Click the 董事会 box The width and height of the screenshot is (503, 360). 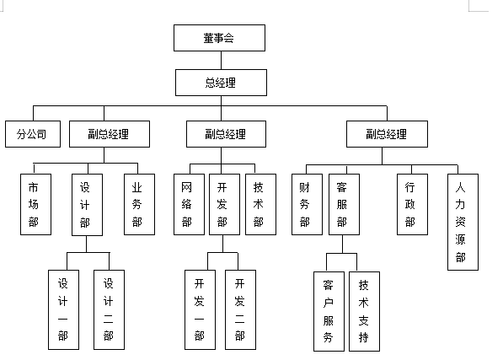[219, 38]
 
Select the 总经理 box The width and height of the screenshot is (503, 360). [222, 82]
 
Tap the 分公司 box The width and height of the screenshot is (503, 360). [32, 133]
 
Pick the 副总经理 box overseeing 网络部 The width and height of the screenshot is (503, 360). [225, 133]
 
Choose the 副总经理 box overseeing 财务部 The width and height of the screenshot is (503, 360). [387, 133]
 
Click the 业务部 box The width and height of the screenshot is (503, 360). [138, 204]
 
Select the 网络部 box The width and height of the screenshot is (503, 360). [188, 204]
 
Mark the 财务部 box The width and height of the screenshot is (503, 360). [304, 204]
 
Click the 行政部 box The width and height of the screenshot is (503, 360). [410, 204]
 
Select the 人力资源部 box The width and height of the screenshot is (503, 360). [462, 222]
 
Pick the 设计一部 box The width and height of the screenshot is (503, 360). [63, 309]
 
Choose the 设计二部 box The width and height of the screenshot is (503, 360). [108, 309]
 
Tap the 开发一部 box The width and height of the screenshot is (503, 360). [200, 309]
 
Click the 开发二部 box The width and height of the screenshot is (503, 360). [240, 309]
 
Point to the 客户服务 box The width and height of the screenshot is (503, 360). [328, 310]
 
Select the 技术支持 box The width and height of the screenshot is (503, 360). [364, 310]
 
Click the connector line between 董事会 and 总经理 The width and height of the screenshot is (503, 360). [221, 60]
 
